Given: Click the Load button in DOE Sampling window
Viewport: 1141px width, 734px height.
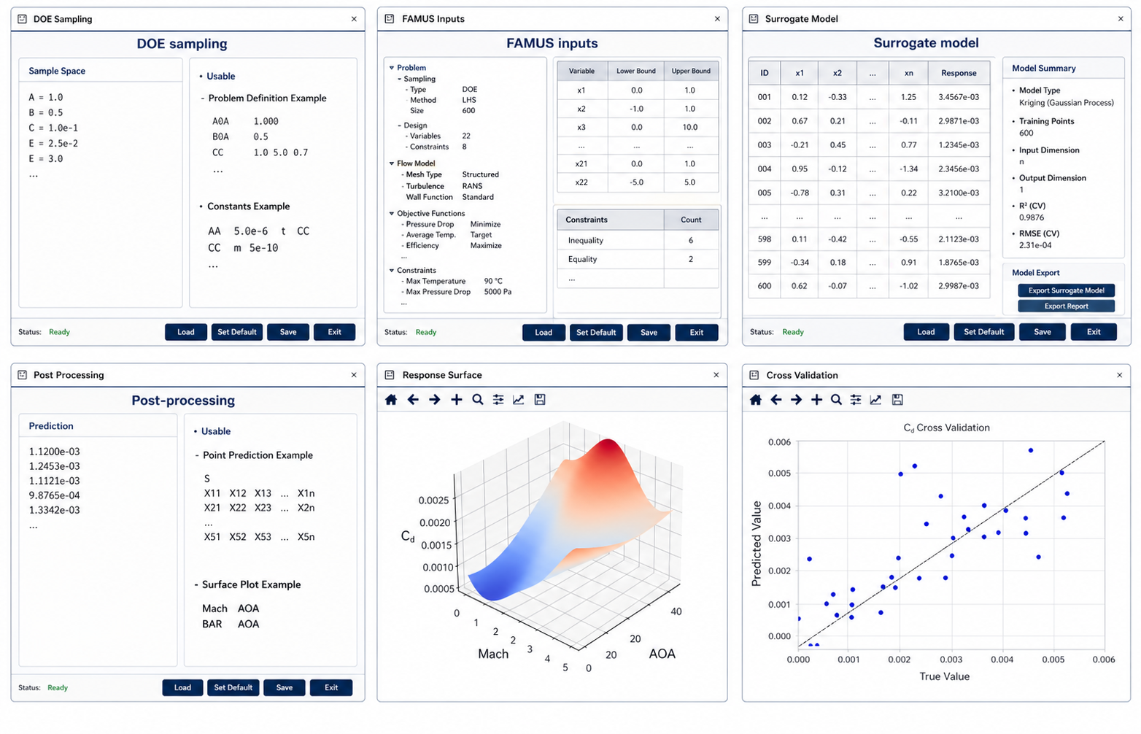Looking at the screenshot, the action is pos(185,332).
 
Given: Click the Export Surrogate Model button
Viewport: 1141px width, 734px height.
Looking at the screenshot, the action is pos(1066,290).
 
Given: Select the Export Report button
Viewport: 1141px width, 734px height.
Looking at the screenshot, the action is pos(1066,306).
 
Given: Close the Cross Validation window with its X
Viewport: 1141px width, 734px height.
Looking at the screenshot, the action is pos(1120,376).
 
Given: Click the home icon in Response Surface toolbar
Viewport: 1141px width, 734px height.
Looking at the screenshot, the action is pos(391,400).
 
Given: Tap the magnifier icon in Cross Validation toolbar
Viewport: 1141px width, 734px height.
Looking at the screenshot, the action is pos(836,400).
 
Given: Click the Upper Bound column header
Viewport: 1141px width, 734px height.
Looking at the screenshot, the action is pos(691,72).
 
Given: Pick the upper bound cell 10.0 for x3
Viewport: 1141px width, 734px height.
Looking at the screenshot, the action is pos(690,128).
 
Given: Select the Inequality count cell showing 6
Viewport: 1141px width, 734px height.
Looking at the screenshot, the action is pos(691,241).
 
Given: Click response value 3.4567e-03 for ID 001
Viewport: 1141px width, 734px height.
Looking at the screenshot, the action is pos(959,97).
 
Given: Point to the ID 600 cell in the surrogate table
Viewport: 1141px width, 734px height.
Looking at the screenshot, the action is pos(764,286).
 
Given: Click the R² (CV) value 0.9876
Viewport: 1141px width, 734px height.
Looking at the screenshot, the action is pos(1032,217).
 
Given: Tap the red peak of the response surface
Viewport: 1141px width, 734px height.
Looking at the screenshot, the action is pos(608,448).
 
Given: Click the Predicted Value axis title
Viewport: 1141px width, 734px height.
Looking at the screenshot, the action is pos(757,544).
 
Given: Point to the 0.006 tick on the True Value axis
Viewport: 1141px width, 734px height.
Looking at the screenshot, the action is pos(1104,660).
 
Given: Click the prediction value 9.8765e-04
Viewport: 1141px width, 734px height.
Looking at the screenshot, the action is pos(54,495).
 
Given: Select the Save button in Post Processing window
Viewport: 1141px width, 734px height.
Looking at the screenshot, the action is pos(285,687).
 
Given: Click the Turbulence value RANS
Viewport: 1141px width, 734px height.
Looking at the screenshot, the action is pos(472,187).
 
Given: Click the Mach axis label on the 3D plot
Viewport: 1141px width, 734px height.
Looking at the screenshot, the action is pos(493,654).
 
